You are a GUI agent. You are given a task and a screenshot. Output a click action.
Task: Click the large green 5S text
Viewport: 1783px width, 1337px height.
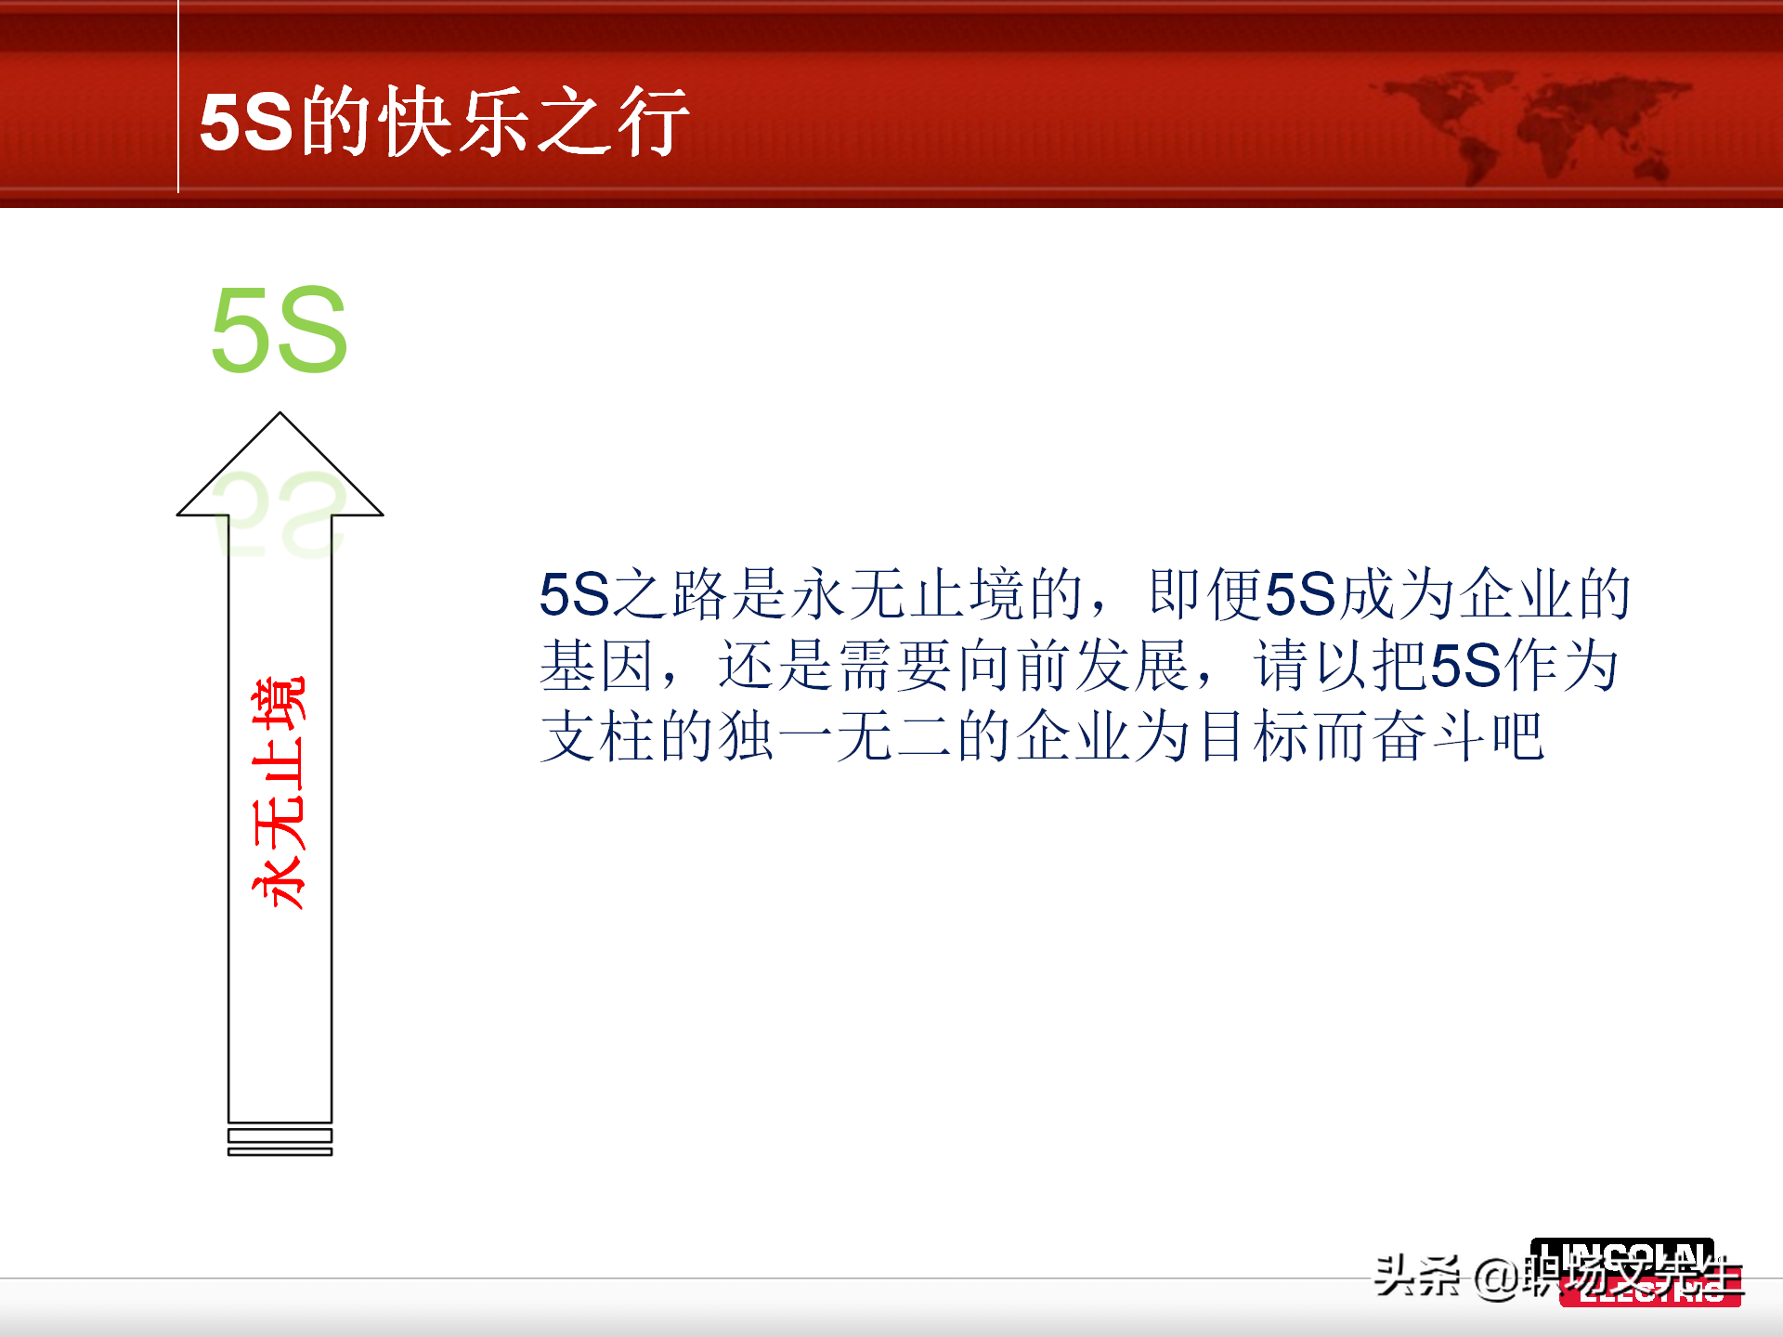[x=279, y=330]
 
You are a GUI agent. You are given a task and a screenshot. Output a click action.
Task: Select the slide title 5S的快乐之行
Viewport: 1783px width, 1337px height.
[x=444, y=122]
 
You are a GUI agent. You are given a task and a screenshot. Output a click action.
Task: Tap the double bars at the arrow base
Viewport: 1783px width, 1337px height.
[x=280, y=1143]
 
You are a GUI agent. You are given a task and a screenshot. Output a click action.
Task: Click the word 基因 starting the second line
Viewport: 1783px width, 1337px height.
[x=596, y=666]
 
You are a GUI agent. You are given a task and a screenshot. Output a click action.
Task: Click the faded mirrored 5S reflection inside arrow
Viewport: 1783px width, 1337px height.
[x=279, y=515]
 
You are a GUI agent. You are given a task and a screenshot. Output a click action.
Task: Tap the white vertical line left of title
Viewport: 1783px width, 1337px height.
[x=178, y=97]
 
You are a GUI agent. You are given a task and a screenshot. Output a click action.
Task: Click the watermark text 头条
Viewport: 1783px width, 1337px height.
[x=1417, y=1276]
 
